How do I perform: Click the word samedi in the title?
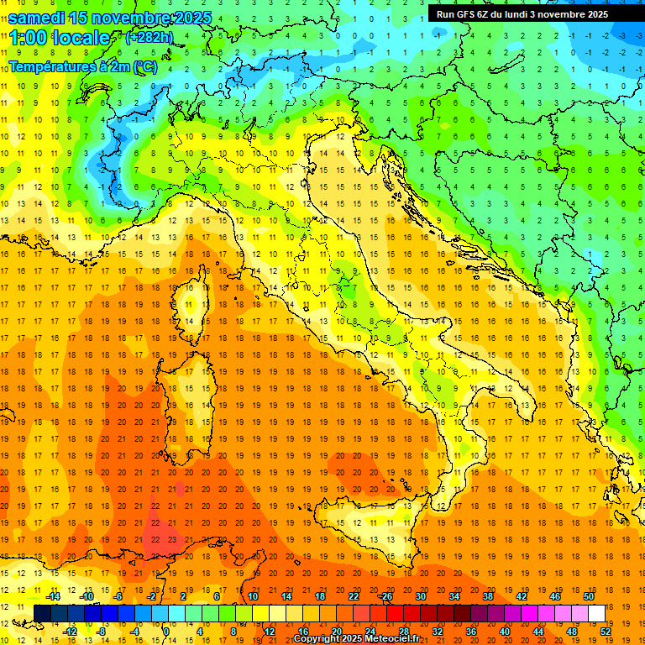coord(37,18)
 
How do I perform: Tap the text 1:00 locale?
coord(59,38)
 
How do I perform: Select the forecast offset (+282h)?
coord(149,38)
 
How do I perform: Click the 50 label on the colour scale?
coord(589,596)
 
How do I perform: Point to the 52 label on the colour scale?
coord(606,631)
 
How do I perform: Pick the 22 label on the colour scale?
coord(354,596)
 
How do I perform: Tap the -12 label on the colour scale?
coord(70,631)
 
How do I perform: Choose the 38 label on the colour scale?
coord(488,596)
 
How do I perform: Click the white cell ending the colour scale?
coord(596,613)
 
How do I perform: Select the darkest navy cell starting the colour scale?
coord(42,613)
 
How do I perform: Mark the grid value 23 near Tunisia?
coord(170,539)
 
